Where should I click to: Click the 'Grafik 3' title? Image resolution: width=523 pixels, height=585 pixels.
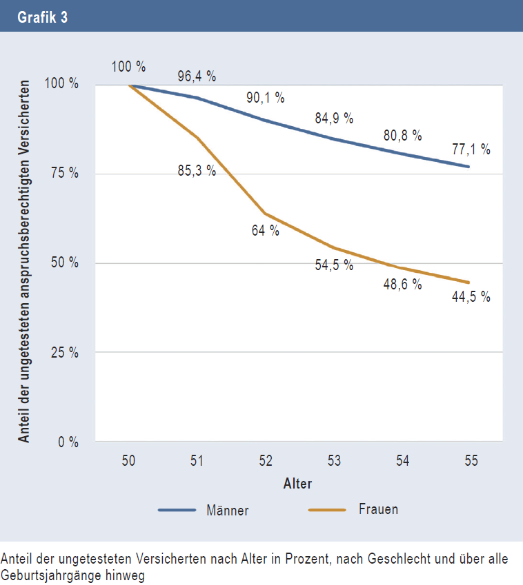43,17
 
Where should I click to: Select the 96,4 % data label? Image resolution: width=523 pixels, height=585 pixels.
197,76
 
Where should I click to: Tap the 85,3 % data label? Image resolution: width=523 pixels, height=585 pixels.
197,171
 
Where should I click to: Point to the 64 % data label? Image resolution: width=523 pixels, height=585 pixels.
265,231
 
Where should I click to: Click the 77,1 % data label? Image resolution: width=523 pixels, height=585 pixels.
471,150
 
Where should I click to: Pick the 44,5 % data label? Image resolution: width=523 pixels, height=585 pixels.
471,297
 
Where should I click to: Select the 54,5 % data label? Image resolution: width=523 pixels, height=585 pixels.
334,265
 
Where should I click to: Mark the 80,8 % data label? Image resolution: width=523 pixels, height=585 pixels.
403,136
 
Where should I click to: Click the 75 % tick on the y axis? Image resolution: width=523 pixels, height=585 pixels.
65,173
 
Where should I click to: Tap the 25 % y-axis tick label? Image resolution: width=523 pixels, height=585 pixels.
65,352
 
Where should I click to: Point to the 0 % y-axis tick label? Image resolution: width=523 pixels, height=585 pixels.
68,442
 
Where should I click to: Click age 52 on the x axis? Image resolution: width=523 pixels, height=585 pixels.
266,461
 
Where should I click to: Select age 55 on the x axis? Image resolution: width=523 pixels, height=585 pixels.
471,461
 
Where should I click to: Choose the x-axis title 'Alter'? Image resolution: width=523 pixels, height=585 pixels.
298,484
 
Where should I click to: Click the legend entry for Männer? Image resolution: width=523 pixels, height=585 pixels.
204,511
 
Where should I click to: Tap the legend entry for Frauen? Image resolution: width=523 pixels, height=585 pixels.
353,510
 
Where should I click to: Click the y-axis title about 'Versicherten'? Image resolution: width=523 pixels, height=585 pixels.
24,262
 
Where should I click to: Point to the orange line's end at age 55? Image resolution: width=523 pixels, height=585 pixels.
468,283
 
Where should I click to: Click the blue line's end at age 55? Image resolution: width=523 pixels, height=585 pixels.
468,166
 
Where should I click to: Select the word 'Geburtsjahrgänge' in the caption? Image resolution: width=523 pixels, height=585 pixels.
51,575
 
